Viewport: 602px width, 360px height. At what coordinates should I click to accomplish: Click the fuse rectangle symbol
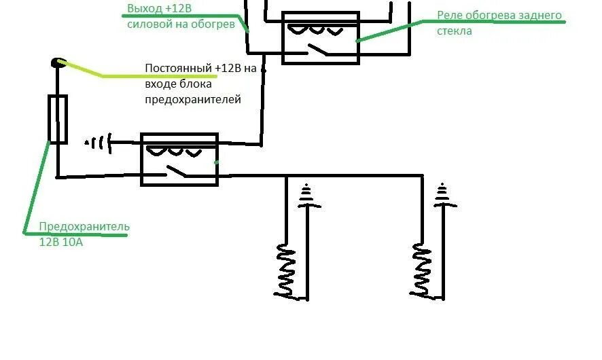point(58,119)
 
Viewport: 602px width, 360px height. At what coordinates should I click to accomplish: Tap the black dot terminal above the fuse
point(56,63)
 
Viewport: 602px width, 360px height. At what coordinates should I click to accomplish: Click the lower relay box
point(179,160)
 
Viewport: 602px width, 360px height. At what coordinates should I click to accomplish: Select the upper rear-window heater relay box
point(320,37)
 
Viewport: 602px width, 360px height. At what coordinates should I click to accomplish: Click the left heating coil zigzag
point(286,272)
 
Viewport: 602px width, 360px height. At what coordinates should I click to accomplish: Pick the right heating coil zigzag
point(421,272)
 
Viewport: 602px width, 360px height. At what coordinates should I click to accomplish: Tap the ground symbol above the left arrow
point(308,196)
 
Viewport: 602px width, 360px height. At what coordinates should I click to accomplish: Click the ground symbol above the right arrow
point(443,196)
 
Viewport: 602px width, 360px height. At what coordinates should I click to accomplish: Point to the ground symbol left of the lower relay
point(96,143)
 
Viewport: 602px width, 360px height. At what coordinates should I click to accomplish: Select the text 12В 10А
point(61,241)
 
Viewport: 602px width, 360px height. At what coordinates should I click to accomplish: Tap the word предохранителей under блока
point(193,100)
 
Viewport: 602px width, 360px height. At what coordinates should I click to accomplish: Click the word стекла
point(455,31)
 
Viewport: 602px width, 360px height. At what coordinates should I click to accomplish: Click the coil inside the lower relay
point(179,150)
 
